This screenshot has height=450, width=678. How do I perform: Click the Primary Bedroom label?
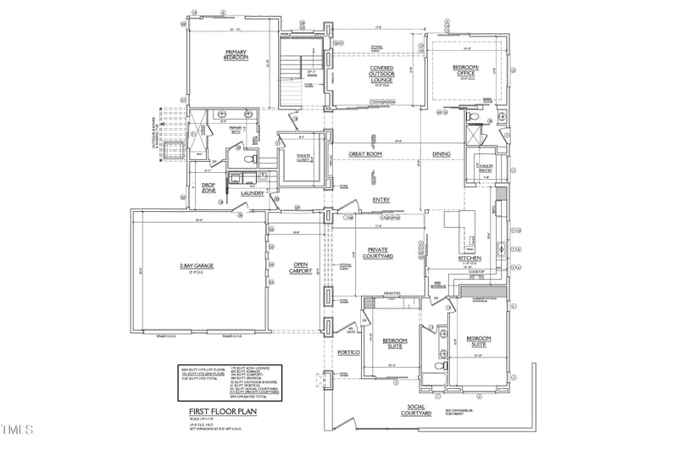click(x=235, y=55)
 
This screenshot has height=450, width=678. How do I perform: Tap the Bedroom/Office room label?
click(x=465, y=70)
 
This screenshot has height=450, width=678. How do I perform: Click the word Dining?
click(x=442, y=154)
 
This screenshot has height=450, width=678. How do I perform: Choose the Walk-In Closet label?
click(x=303, y=158)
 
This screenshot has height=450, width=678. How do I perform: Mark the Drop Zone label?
click(x=208, y=189)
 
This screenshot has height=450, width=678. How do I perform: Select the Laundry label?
click(x=253, y=193)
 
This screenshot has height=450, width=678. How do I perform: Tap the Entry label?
click(x=381, y=200)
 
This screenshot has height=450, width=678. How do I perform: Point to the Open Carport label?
click(x=301, y=269)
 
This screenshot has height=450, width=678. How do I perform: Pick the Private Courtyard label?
click(x=378, y=252)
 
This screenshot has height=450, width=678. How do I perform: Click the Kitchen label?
click(x=470, y=258)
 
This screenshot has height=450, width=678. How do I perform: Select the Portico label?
click(x=349, y=352)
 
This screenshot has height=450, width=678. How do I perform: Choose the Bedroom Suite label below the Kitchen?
click(x=480, y=342)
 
